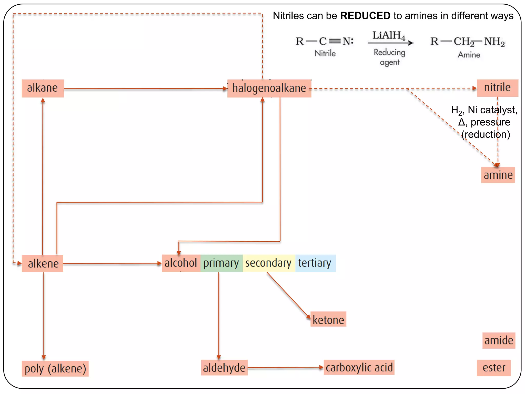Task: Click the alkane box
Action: (43, 88)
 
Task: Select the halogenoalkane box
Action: (269, 88)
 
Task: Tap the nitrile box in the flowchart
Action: (497, 88)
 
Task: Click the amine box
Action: (498, 175)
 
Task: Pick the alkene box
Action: (43, 263)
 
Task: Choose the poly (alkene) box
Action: (55, 369)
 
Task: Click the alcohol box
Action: (181, 263)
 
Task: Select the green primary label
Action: (221, 263)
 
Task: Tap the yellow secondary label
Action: (269, 263)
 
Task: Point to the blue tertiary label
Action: (315, 263)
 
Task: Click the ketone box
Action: (328, 320)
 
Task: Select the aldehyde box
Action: (224, 368)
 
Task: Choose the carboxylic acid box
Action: (359, 367)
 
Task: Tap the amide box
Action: (499, 341)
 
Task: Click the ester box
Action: (494, 368)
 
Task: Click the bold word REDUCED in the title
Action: (365, 16)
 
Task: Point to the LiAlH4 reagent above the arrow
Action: (389, 36)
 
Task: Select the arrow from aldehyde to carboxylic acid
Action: (285, 368)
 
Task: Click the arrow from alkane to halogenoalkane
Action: (145, 89)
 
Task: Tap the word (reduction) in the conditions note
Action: (486, 134)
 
